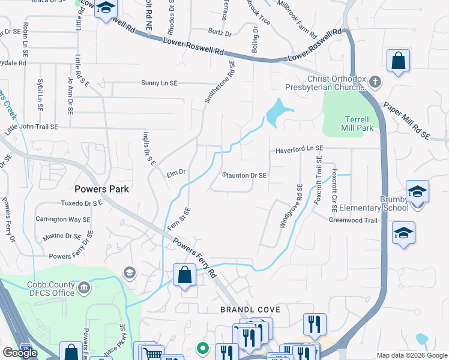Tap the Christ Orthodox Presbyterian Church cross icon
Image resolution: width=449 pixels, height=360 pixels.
(374, 82)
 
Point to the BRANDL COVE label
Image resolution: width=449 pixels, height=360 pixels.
(250, 310)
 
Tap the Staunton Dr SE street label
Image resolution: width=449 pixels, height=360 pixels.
(244, 175)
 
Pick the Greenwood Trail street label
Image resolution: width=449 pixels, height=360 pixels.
(352, 220)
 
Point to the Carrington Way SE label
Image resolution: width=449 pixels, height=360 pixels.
(62, 220)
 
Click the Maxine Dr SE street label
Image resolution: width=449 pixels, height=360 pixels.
(62, 236)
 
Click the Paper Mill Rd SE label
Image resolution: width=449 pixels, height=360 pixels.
(406, 119)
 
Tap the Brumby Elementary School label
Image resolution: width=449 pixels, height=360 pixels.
(373, 203)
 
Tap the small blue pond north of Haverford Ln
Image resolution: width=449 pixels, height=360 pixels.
(278, 110)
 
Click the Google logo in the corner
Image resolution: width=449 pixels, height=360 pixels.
(20, 353)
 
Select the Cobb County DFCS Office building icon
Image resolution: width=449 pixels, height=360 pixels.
(84, 288)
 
